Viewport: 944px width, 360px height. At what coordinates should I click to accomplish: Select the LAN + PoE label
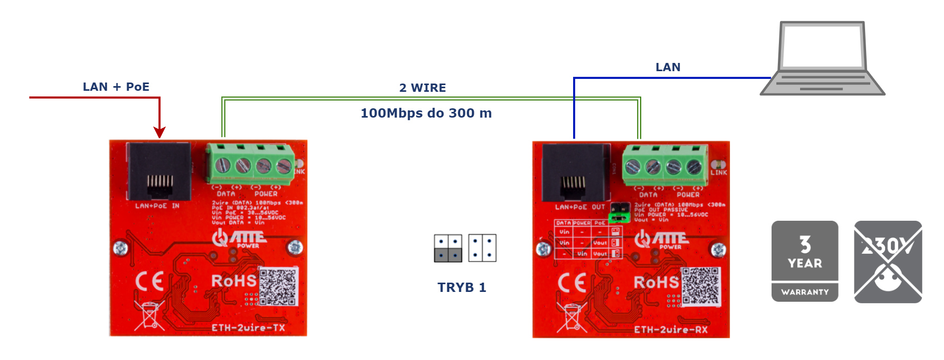(x=116, y=87)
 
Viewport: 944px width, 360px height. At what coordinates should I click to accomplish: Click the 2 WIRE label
(x=422, y=88)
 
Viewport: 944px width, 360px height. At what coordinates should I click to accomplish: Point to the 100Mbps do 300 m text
(x=426, y=113)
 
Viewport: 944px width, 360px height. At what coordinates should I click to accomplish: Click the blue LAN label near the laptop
(x=668, y=67)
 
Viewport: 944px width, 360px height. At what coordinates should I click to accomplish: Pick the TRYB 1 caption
(x=462, y=287)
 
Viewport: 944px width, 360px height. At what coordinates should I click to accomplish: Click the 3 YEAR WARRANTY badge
(x=805, y=261)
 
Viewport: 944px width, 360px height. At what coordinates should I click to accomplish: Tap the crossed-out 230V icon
(x=888, y=261)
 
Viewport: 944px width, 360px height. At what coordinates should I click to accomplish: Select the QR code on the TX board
(x=278, y=286)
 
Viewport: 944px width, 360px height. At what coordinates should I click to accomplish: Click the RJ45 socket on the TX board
(x=159, y=172)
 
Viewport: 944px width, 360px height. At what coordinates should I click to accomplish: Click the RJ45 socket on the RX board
(x=576, y=173)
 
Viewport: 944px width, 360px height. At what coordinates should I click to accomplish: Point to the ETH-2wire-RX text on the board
(x=671, y=330)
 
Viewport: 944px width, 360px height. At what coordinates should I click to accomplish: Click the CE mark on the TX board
(x=150, y=282)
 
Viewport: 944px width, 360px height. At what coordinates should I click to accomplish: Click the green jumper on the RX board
(x=618, y=218)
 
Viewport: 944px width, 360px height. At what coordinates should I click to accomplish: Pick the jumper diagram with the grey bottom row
(x=448, y=248)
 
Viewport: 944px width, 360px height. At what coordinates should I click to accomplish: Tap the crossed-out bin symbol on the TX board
(x=149, y=315)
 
